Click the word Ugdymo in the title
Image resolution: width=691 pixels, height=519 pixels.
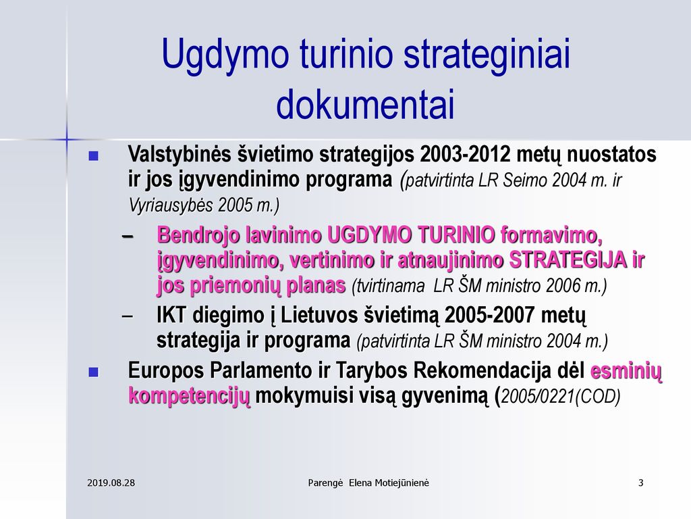coord(225,54)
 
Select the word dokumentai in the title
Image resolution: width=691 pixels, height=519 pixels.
coord(365,104)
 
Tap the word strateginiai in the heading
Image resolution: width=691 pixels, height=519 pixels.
coord(487,54)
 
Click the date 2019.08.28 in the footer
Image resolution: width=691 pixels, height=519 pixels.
coord(111,483)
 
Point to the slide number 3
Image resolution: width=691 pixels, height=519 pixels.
coord(641,483)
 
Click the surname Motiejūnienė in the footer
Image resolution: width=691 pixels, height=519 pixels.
coord(402,483)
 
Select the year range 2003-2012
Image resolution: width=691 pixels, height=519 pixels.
coord(466,155)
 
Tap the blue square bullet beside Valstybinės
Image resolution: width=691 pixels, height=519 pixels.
coord(93,156)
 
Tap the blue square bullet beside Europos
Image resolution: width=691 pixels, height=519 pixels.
coord(93,372)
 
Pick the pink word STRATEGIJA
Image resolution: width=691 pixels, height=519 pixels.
coord(568,260)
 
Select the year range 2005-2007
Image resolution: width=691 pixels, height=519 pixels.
coord(490,315)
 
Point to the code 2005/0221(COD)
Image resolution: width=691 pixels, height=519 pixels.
coord(561,396)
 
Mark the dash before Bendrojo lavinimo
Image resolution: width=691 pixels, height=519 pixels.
coord(128,237)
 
